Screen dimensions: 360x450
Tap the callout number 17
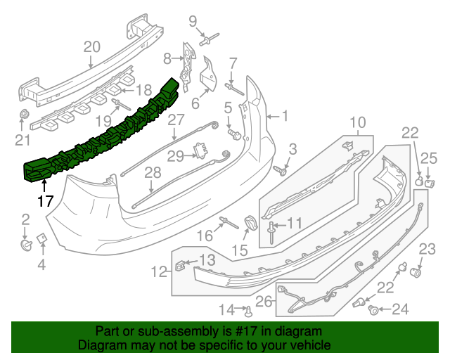click(x=45, y=201)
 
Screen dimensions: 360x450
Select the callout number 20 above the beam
click(x=92, y=47)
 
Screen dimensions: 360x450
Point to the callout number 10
click(x=358, y=122)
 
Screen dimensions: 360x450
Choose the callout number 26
click(x=262, y=302)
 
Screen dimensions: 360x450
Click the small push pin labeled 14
click(x=247, y=309)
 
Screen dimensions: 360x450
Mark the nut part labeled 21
click(x=23, y=114)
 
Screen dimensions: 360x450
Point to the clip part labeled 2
click(x=26, y=244)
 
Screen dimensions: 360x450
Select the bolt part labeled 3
click(x=282, y=169)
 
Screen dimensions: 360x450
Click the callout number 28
click(x=152, y=172)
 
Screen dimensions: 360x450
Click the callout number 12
click(x=159, y=270)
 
